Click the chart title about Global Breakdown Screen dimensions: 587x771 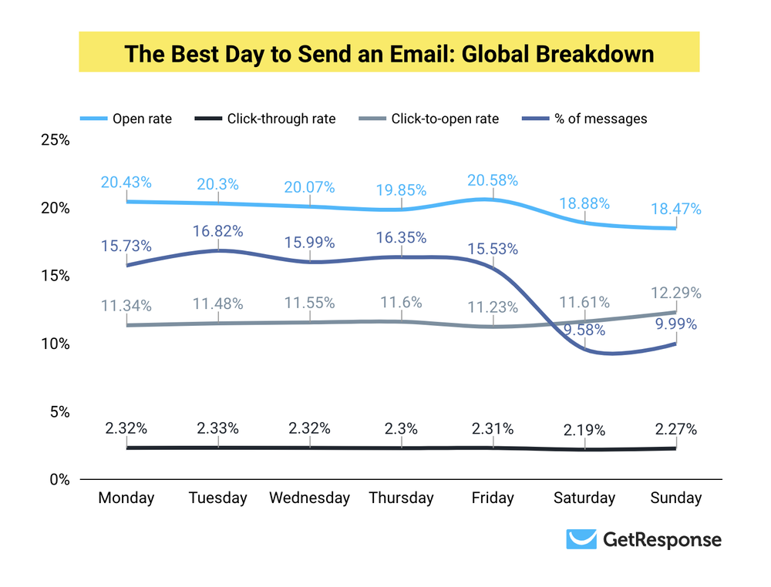tap(389, 54)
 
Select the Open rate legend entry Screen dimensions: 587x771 tap(126, 119)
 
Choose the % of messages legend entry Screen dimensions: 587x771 tap(585, 119)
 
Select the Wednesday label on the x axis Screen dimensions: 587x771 tap(309, 498)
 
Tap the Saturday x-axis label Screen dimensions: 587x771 tap(584, 498)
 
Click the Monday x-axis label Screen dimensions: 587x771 tap(126, 498)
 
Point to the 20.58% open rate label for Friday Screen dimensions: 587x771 tap(493, 180)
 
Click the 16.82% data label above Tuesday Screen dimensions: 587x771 tap(217, 231)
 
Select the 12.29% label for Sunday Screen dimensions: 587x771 tap(675, 293)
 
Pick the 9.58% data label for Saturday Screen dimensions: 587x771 tap(584, 331)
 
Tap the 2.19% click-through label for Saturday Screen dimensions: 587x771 tap(584, 430)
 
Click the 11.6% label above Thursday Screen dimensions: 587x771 tap(401, 303)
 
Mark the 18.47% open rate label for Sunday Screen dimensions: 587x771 tap(675, 209)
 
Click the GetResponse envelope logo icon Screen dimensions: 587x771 tap(581, 539)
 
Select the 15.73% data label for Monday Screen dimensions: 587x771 tap(126, 246)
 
